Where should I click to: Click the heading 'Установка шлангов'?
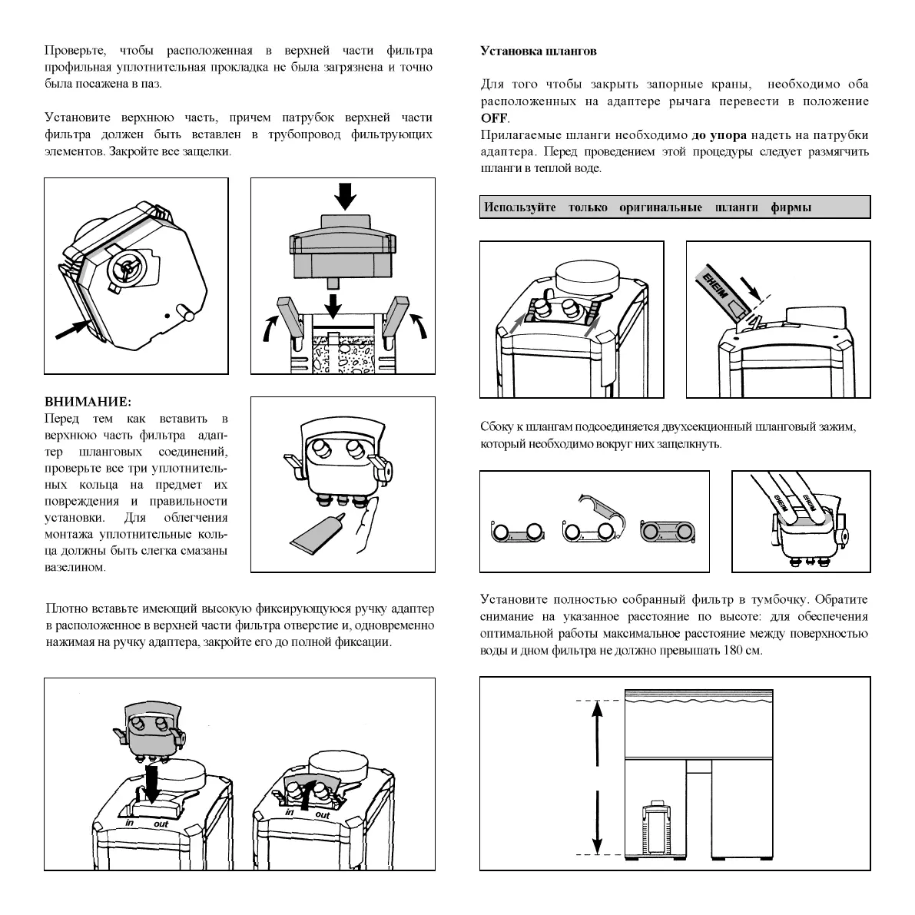538,51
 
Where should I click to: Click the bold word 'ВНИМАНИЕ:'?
88,402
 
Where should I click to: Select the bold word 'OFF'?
495,118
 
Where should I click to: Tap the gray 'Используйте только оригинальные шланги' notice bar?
675,207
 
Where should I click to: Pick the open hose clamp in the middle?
593,522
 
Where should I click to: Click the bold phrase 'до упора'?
719,135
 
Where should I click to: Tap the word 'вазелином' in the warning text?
75,568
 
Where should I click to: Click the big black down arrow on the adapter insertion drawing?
152,784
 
